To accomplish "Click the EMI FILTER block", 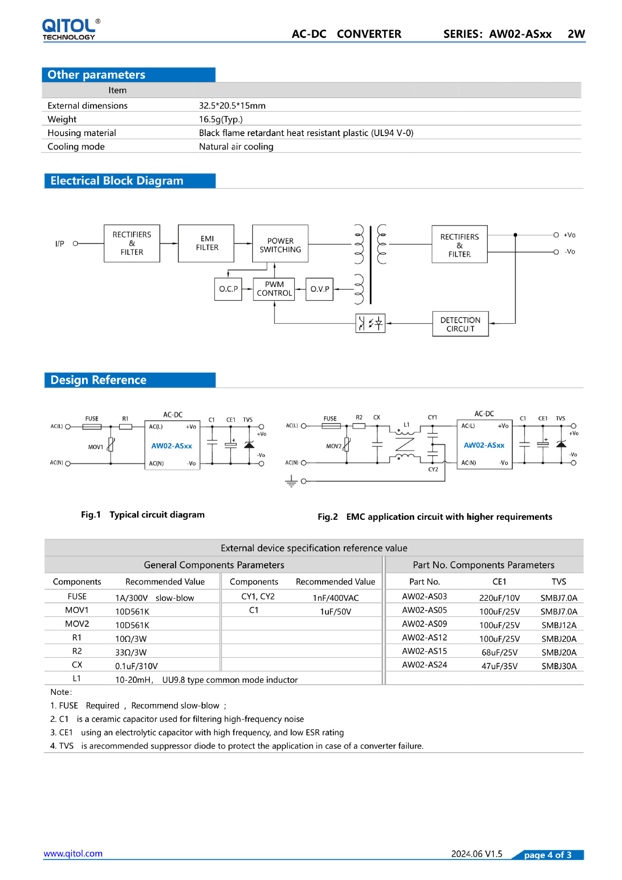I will coord(206,243).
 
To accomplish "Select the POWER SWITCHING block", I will coord(280,244).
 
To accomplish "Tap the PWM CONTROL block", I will coord(274,289).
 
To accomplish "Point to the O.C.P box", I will coord(228,289).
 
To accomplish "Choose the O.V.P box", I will coord(319,289).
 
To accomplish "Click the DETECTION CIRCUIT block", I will coord(460,324).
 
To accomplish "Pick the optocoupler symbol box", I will coord(370,324).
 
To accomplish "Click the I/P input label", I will coord(60,244).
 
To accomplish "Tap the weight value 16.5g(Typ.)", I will coord(220,119).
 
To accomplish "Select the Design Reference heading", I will coord(99,380).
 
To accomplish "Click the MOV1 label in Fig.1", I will coord(95,447).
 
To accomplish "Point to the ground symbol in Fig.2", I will coord(291,481).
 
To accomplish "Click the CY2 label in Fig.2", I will coord(433,469).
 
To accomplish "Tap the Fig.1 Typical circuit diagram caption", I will coord(143,515).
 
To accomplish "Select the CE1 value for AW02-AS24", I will coord(499,666).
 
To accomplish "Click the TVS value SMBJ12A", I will coord(559,625).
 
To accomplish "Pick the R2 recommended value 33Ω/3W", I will coord(131,652).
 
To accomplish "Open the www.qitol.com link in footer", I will coord(73,853).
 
